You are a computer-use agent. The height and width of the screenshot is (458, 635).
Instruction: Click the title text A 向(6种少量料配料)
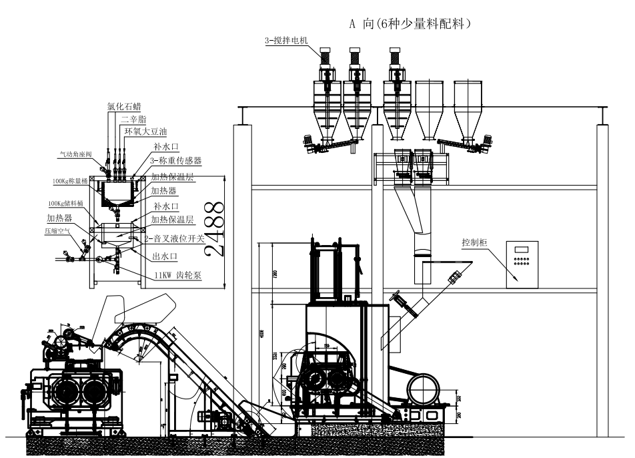[412, 23]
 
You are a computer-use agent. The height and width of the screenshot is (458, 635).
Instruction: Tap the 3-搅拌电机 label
[285, 41]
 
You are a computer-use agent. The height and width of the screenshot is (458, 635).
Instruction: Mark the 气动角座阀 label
[77, 153]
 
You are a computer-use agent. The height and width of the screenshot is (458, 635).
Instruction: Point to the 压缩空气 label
[57, 230]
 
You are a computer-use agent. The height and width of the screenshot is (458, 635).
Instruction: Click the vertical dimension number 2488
[214, 227]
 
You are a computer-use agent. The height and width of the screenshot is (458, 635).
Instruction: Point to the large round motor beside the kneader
[424, 387]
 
